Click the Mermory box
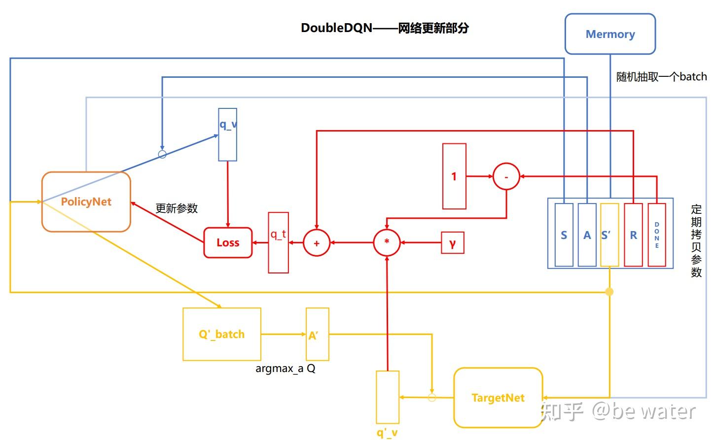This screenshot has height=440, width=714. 610,34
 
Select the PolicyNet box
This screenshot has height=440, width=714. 86,202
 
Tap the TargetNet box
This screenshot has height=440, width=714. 498,398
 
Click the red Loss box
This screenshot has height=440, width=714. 228,242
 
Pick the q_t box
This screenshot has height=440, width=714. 278,242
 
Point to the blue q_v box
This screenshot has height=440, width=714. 227,135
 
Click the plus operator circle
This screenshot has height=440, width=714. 316,243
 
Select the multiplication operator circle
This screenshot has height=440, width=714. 387,242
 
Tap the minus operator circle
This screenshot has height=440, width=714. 506,176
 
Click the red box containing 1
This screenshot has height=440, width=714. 454,176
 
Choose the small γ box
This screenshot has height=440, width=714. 452,243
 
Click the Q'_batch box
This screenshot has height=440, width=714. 221,334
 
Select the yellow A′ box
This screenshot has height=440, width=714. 317,335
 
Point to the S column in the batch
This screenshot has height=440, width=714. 564,235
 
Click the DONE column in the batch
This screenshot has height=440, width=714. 657,235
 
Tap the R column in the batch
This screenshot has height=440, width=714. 634,235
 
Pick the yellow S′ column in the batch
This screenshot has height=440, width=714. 609,235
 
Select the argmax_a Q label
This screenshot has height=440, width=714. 285,369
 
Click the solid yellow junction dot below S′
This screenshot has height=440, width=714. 609,292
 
